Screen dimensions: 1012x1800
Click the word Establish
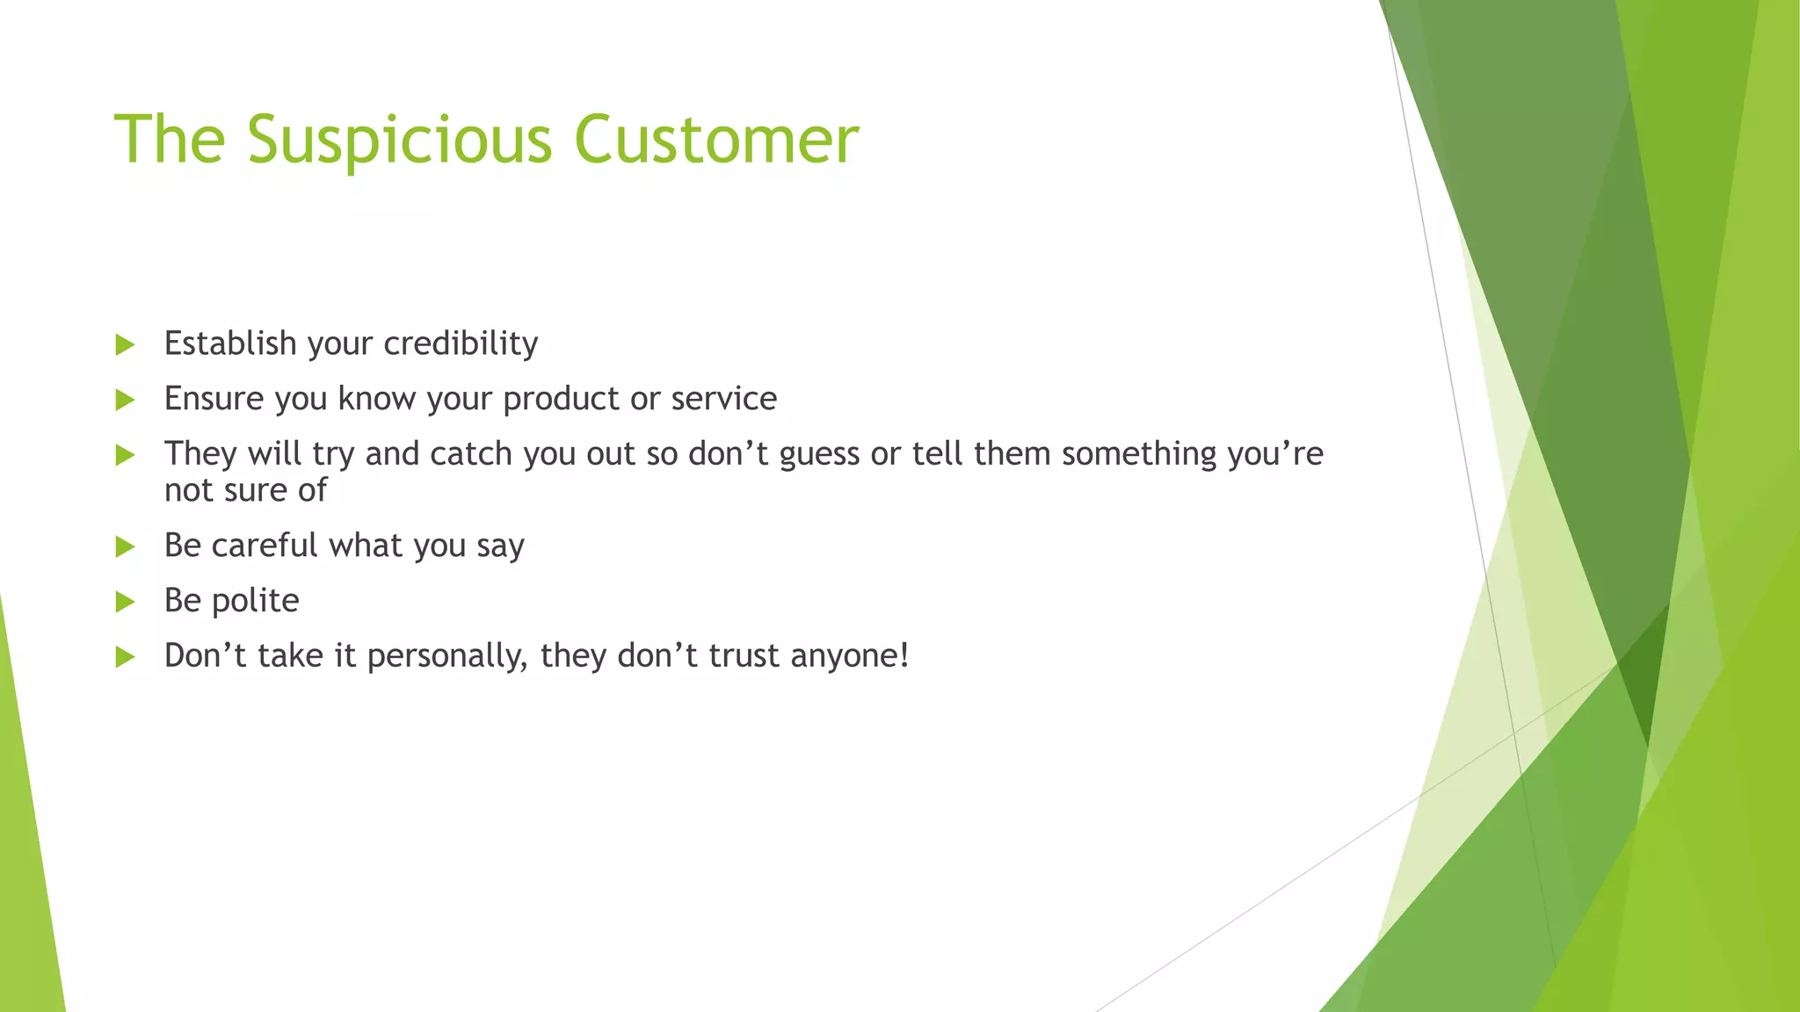pyautogui.click(x=230, y=343)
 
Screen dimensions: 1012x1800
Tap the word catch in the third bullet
pyautogui.click(x=470, y=454)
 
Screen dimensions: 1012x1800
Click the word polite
pyautogui.click(x=255, y=601)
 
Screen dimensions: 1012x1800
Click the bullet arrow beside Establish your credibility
pyautogui.click(x=125, y=344)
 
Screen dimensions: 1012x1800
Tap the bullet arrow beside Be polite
pyautogui.click(x=125, y=602)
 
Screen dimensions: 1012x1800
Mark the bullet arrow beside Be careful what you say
pyautogui.click(x=125, y=546)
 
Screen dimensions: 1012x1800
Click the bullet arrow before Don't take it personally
pyautogui.click(x=125, y=657)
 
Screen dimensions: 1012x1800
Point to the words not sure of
pyautogui.click(x=245, y=490)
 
